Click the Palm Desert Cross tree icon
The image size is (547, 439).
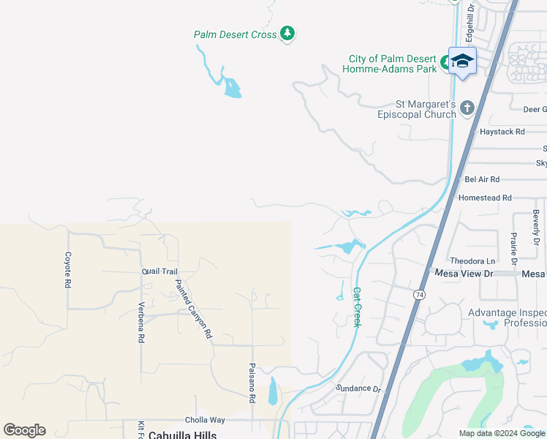coord(288,34)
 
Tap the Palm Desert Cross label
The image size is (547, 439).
coord(235,34)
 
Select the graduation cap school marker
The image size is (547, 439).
coord(462,61)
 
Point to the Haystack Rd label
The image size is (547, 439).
coord(502,132)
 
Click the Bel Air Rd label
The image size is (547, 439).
coord(482,179)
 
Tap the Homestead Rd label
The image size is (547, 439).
coord(485,198)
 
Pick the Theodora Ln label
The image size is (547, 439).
coord(472,260)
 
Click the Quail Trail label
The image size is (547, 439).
coord(159,271)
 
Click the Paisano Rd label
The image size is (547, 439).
coord(252,383)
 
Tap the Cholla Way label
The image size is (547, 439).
coord(205,420)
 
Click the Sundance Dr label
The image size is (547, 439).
coord(359,389)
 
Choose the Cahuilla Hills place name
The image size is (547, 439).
coord(182,435)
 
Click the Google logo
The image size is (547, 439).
coord(24,430)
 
